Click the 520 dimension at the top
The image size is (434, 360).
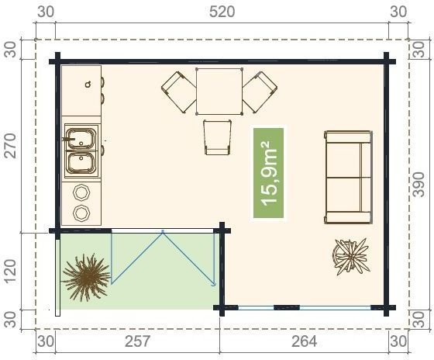pos(222,12)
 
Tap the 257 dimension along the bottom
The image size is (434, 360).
pos(137,341)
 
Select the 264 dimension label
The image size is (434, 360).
pos(304,341)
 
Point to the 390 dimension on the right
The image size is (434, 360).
pos(418,185)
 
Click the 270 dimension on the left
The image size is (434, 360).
pos(12,146)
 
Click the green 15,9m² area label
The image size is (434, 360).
pos(268,173)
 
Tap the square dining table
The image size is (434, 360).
pos(219,92)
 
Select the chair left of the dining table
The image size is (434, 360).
pos(178,92)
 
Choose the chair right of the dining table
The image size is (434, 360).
pos(260,92)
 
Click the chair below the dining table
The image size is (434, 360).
pos(218,137)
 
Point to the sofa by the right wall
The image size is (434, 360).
pos(348,177)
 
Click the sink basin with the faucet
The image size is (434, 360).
pos(81,139)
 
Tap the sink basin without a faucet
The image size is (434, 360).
pos(81,163)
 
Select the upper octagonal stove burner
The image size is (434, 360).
pos(81,192)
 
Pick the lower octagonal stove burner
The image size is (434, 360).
pos(81,213)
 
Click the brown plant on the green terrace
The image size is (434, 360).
pos(86,278)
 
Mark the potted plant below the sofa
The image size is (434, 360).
pos(351,257)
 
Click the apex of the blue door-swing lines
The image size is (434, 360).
pos(163,232)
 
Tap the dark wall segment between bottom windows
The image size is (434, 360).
pos(287,307)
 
